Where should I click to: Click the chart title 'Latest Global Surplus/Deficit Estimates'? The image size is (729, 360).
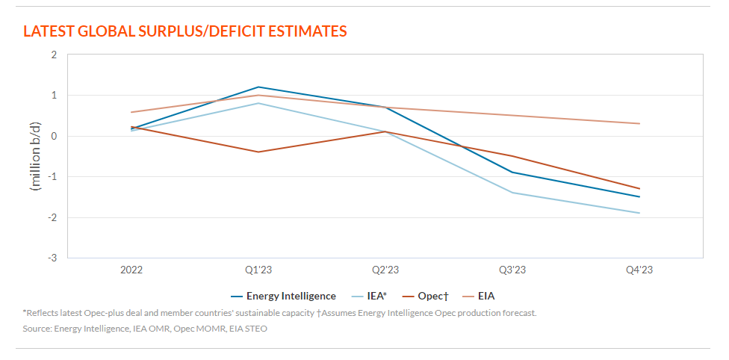click(x=185, y=31)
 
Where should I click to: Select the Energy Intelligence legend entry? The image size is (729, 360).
click(x=291, y=297)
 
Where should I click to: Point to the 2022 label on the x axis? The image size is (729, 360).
click(x=131, y=270)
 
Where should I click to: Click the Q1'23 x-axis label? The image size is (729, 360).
click(x=258, y=270)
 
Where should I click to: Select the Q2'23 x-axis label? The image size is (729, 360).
click(x=385, y=270)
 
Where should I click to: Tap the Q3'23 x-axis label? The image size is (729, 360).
click(x=512, y=270)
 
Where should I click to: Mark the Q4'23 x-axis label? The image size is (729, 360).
click(x=639, y=270)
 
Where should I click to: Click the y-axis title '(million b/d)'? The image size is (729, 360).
click(x=34, y=156)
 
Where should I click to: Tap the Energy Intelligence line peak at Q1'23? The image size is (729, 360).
click(x=258, y=87)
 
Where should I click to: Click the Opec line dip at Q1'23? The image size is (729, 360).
click(x=258, y=152)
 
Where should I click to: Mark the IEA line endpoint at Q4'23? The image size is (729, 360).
click(x=639, y=213)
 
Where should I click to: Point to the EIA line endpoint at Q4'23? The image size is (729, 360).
click(x=639, y=123)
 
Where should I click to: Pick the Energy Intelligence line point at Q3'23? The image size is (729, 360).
click(x=512, y=172)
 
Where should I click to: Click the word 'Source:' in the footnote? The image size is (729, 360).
click(x=37, y=329)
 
